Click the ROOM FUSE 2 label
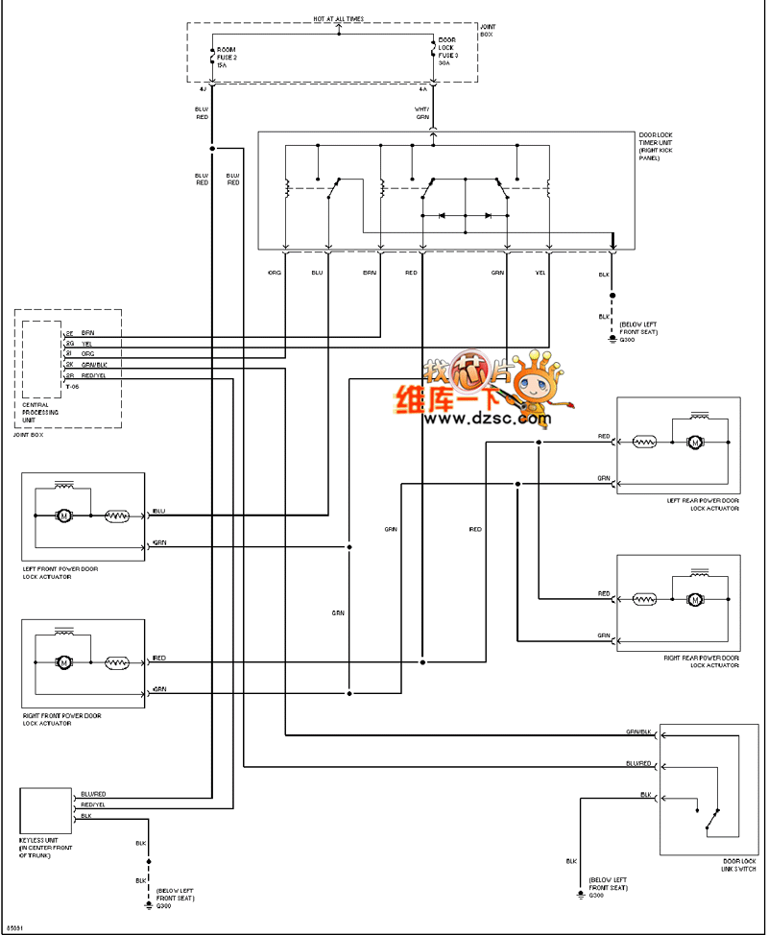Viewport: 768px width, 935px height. [x=227, y=56]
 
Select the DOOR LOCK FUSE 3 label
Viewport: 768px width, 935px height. [x=448, y=50]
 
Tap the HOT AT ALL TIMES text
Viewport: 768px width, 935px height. [x=339, y=18]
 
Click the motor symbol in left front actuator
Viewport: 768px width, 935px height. [x=64, y=516]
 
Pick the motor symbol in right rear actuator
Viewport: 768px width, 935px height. [x=694, y=600]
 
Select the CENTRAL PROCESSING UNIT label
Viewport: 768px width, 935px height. [x=41, y=412]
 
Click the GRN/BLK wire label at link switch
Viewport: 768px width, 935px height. [x=638, y=731]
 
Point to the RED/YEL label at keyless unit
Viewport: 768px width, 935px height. [x=93, y=805]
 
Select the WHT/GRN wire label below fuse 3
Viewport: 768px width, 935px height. [x=422, y=113]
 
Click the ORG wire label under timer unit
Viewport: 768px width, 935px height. [x=275, y=274]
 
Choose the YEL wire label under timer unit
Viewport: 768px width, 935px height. [x=540, y=274]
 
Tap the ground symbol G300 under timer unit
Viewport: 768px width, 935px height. [x=613, y=338]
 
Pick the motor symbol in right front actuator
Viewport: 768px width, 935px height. [x=64, y=662]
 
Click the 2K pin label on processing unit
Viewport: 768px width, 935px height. [x=69, y=365]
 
